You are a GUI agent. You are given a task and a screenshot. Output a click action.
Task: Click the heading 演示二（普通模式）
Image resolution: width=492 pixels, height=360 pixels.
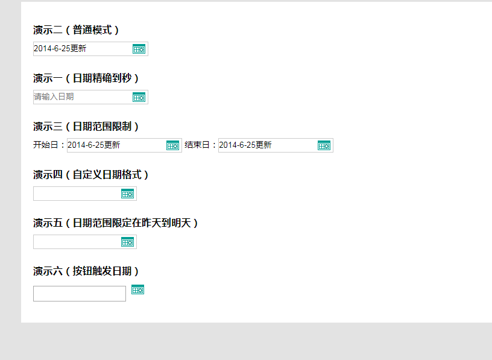click(76, 30)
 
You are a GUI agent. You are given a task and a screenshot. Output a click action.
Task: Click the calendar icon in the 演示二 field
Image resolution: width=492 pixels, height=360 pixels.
click(139, 49)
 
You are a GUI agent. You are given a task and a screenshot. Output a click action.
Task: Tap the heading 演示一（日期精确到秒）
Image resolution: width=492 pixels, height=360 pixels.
click(86, 78)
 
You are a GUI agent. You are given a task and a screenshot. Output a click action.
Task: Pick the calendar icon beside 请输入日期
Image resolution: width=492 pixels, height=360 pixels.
click(139, 97)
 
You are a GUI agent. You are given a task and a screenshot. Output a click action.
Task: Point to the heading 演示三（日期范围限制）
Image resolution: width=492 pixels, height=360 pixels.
click(86, 127)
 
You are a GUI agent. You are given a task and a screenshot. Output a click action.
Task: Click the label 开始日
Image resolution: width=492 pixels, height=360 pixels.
click(46, 145)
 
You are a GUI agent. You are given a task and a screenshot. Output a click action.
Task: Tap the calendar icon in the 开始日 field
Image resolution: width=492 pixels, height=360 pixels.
click(172, 146)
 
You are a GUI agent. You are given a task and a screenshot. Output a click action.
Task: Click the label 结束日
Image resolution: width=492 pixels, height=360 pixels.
click(197, 145)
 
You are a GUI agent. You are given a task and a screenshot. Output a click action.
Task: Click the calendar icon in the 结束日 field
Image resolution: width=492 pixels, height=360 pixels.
click(324, 146)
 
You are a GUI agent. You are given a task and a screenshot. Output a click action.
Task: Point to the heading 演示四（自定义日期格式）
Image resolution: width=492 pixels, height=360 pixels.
click(91, 175)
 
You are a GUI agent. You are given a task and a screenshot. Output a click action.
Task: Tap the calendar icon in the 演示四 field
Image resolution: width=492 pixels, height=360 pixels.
click(127, 194)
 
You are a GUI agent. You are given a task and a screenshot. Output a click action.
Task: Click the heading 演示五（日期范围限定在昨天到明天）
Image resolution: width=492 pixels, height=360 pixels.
click(116, 223)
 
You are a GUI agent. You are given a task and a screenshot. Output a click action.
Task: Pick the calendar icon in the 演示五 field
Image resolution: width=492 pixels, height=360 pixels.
click(127, 242)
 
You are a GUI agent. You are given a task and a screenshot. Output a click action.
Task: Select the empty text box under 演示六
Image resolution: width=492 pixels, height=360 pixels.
click(80, 294)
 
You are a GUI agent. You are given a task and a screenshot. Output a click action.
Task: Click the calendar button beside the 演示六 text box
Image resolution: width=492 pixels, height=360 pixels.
click(137, 289)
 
